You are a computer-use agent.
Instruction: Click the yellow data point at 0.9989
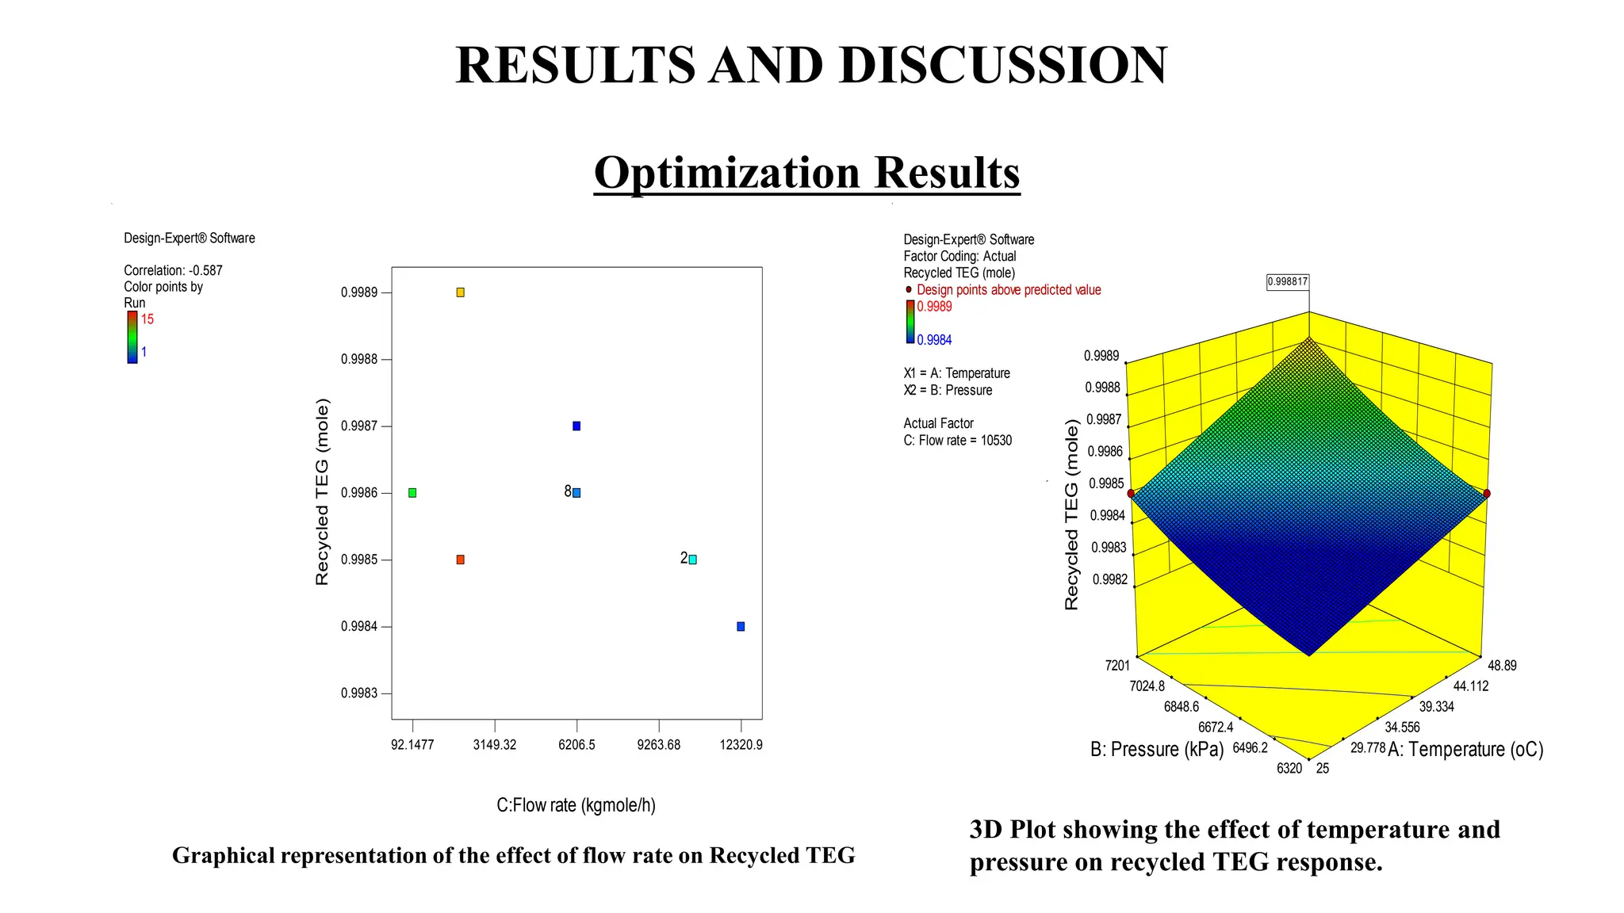coord(460,292)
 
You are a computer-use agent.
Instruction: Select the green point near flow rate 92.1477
coord(412,493)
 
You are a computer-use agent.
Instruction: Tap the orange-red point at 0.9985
coord(460,560)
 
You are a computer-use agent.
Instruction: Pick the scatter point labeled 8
coord(576,493)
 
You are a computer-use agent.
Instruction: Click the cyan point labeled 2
coord(692,560)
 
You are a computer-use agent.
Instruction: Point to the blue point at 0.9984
coord(741,626)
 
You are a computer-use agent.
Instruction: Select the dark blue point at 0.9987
coord(576,426)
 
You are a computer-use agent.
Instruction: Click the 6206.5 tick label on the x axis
coord(576,745)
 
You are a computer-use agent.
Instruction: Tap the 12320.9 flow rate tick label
coord(741,745)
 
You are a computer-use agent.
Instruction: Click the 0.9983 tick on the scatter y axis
coord(359,693)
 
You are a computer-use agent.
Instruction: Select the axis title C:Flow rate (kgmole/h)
coord(576,805)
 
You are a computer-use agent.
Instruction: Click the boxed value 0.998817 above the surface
coord(1288,281)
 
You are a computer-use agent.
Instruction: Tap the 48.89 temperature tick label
coord(1502,666)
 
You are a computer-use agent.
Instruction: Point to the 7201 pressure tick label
coord(1117,666)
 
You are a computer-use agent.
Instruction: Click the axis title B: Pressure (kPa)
coord(1157,750)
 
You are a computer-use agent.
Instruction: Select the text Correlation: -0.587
coord(173,270)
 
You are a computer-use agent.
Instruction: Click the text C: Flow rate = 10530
coord(957,441)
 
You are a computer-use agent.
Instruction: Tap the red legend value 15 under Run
coord(147,319)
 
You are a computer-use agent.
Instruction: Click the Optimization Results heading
coord(806,172)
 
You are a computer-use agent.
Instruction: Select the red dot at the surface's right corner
coord(1487,494)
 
